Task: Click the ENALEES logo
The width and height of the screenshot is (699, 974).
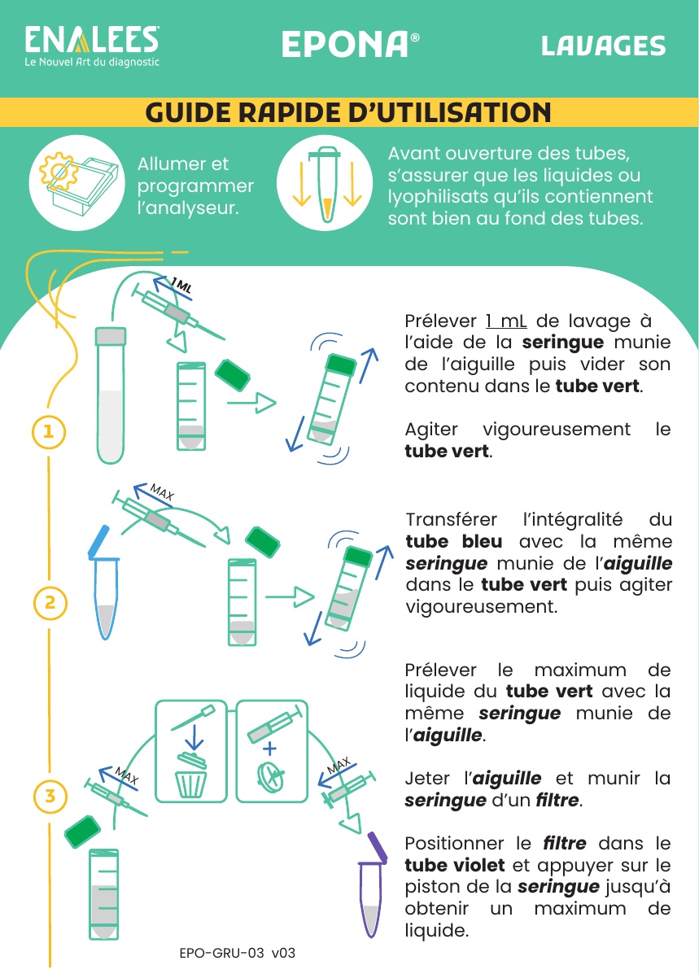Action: click(92, 46)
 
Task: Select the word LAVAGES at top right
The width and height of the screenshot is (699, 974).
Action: click(603, 46)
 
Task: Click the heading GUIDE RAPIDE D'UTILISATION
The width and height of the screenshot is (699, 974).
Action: click(348, 112)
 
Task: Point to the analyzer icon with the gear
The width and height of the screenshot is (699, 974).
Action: click(77, 182)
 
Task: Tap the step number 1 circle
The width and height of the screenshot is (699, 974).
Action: click(49, 432)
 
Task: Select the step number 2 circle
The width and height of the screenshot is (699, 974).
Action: click(50, 602)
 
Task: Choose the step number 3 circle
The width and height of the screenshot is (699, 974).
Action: click(50, 796)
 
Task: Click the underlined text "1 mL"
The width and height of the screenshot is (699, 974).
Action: click(506, 321)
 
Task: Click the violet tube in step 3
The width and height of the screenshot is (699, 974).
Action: click(372, 884)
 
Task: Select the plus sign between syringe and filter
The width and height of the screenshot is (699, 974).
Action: click(269, 748)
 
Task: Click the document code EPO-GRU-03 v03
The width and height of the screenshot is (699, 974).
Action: click(238, 952)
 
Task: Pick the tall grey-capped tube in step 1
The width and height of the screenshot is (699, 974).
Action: click(111, 395)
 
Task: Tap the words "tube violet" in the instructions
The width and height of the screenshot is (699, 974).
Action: click(455, 865)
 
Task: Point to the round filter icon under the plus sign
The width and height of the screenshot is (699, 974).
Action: click(271, 775)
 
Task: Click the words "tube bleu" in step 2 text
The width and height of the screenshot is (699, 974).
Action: click(454, 541)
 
